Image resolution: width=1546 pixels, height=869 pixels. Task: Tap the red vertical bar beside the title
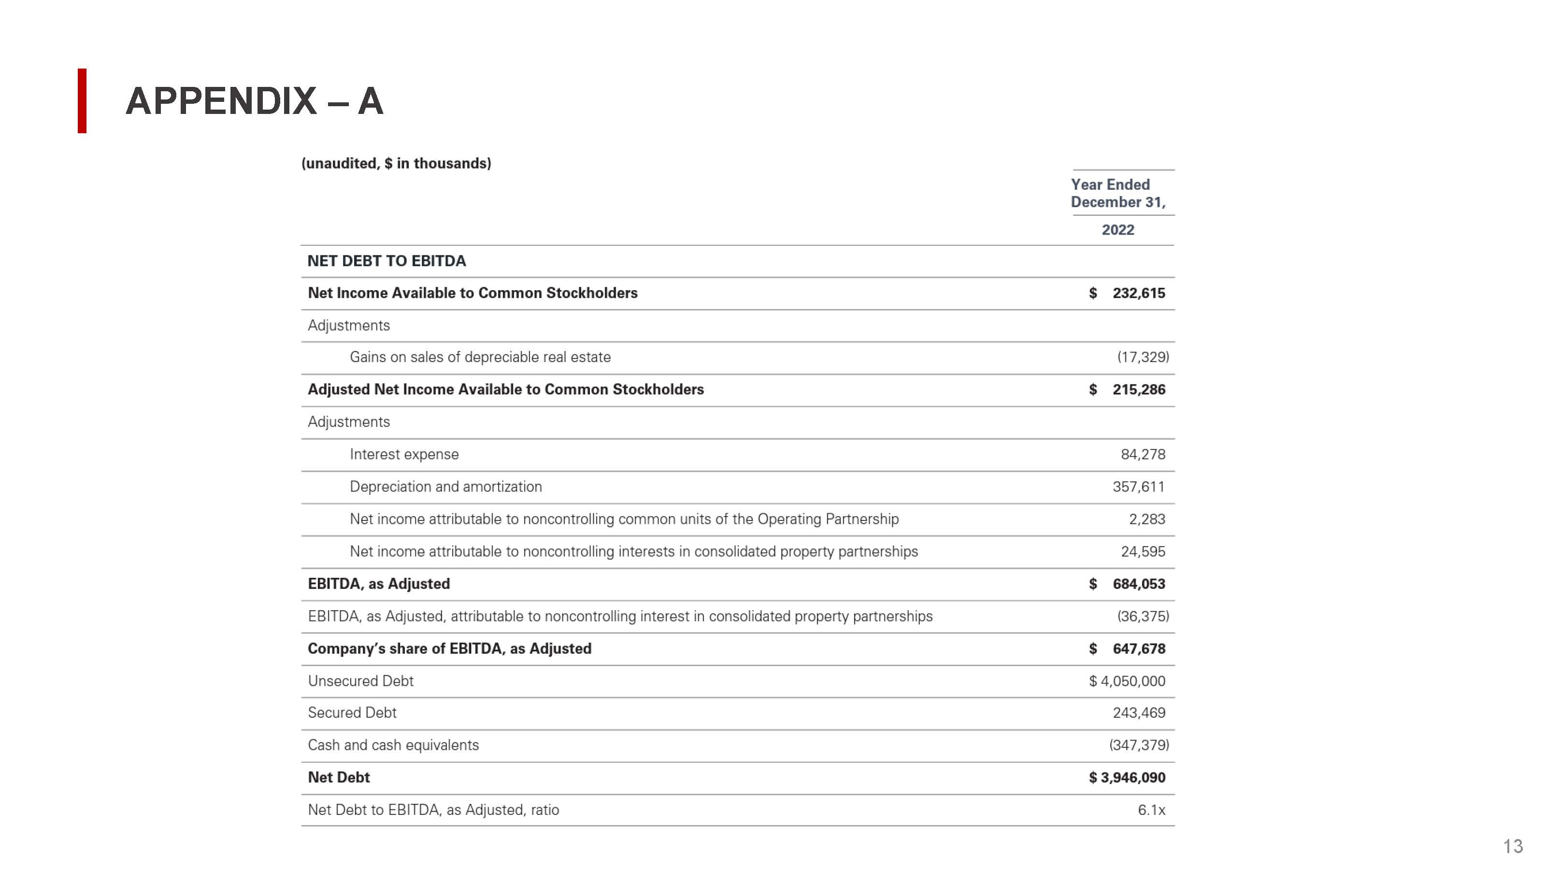click(82, 101)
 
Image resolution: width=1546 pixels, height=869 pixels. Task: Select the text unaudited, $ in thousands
click(396, 163)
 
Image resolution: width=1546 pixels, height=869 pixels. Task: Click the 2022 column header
click(1117, 230)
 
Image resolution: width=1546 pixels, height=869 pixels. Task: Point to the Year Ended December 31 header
click(1117, 193)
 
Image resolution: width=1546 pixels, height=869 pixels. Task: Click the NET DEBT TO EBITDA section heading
click(386, 261)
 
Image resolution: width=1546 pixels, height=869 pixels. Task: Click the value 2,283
click(1146, 519)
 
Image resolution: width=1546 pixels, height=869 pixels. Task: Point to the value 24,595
click(1143, 552)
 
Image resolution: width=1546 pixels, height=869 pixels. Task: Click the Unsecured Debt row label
click(361, 681)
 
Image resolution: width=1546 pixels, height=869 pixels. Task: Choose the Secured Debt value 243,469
click(1139, 713)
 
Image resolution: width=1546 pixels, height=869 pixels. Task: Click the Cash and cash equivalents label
click(393, 745)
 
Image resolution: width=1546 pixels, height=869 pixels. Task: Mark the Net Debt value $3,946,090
click(1127, 778)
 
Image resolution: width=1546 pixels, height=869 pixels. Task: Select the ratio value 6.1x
click(1151, 810)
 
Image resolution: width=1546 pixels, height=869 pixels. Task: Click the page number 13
click(1512, 846)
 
